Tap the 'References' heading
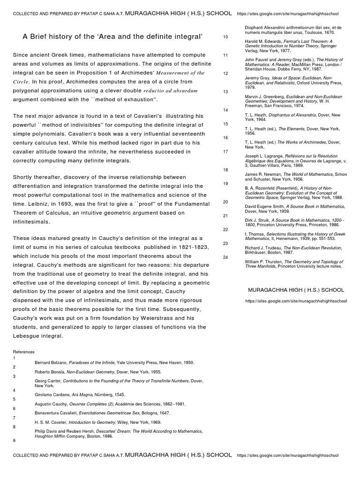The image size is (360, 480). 23,352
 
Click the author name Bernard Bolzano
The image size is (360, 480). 51,363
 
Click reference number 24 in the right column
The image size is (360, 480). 225,257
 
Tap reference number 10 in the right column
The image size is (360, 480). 225,37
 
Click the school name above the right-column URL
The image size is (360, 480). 296,290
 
